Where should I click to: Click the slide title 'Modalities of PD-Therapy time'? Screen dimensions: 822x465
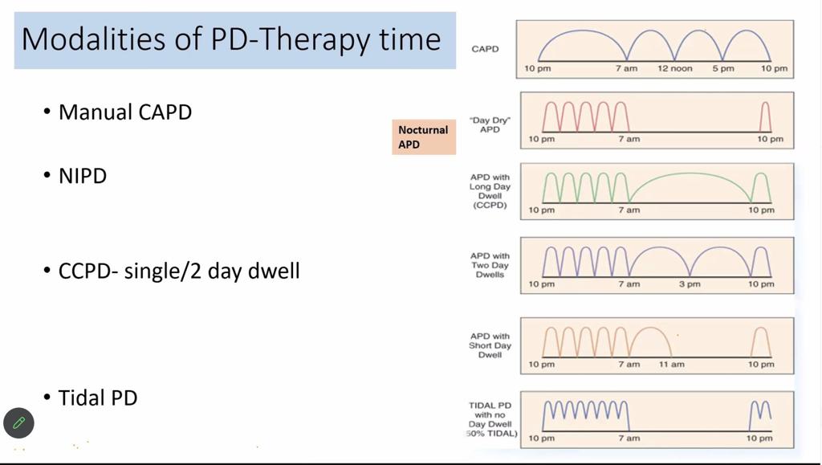[231, 39]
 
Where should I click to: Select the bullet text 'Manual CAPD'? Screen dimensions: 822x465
[124, 112]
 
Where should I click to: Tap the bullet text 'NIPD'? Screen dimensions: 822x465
[83, 176]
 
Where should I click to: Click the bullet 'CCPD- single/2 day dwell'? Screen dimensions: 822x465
[179, 271]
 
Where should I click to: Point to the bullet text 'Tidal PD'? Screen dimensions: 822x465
[97, 398]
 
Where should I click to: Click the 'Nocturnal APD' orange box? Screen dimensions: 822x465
[424, 137]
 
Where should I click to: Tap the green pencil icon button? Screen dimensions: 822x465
[18, 422]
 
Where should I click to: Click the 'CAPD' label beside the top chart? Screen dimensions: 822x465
[485, 49]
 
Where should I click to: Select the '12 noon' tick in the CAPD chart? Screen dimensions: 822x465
[674, 69]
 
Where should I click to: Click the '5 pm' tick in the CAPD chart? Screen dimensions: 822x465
[723, 69]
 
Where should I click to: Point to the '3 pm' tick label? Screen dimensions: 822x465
[690, 284]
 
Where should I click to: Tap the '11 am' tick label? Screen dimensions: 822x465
[672, 365]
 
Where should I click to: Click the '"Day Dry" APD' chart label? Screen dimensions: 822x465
[490, 124]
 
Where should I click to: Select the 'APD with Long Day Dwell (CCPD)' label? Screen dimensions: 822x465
[490, 191]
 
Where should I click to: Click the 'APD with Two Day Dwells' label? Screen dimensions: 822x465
[490, 265]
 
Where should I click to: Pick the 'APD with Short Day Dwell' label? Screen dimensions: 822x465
[490, 345]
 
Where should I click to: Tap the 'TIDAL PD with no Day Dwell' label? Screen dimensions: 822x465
[490, 419]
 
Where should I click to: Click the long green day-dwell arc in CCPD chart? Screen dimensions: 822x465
[690, 173]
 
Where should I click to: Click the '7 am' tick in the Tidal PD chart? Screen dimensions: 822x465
[629, 438]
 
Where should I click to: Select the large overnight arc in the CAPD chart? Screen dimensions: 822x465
[582, 31]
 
